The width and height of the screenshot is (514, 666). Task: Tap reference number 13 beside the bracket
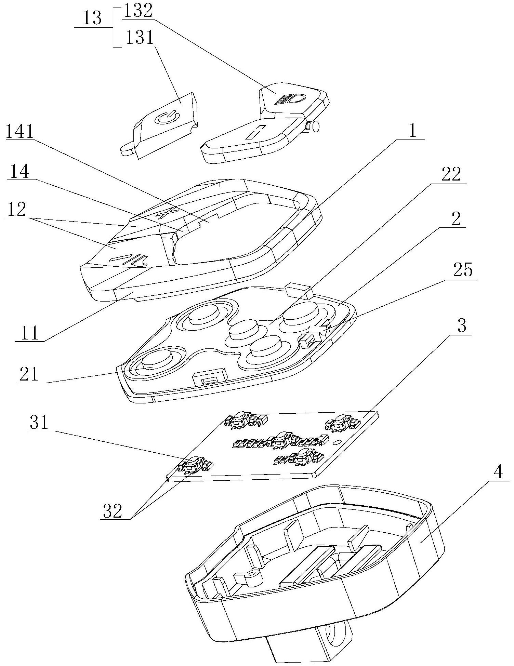[x=92, y=19]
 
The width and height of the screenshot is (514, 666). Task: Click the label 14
[x=19, y=172]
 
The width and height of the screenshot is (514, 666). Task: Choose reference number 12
[x=16, y=209]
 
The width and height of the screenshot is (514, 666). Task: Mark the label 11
[x=30, y=333]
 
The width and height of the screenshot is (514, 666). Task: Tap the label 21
[x=29, y=374]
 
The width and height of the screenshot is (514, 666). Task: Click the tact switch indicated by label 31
[x=194, y=462]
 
